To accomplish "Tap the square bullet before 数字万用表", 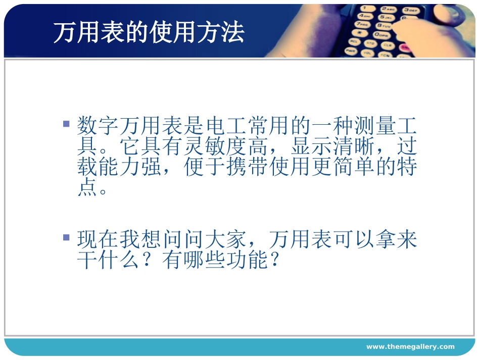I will [66, 123].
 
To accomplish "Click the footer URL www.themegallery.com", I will [410, 346].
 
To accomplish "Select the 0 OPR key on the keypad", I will [381, 34].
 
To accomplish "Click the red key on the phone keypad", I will [404, 47].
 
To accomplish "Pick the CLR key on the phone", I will [388, 45].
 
